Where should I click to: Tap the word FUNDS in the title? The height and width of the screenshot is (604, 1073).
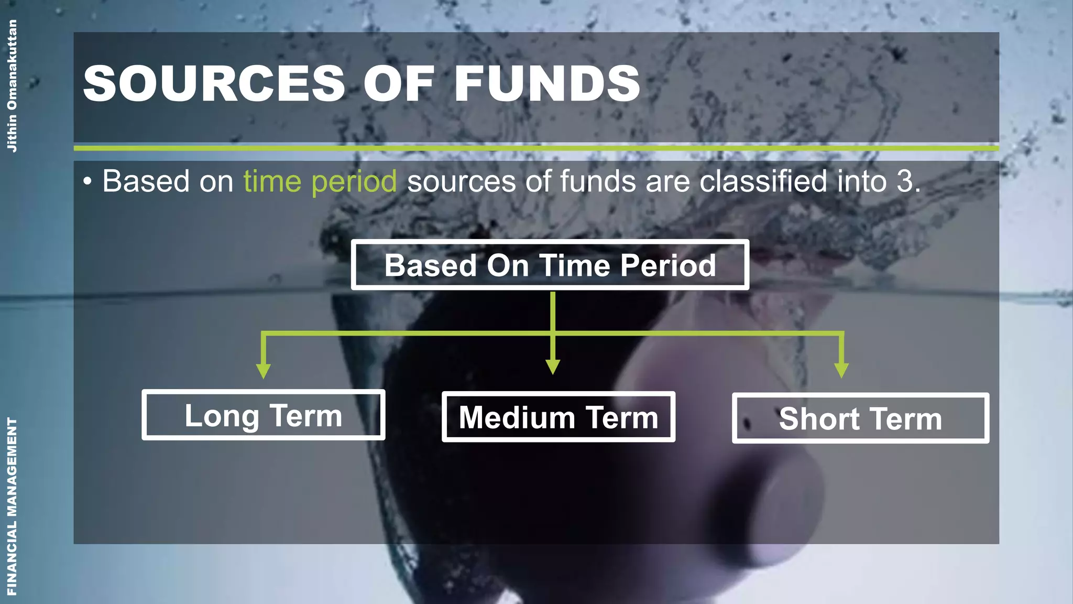tap(547, 83)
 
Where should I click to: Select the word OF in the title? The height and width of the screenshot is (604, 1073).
tap(399, 83)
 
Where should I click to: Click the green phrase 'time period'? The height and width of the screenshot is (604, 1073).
tap(320, 181)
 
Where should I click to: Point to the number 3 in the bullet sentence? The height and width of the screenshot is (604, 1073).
tap(904, 181)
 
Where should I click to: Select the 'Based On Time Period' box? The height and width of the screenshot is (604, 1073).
tap(550, 265)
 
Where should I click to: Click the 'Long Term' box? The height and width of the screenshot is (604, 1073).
tap(263, 415)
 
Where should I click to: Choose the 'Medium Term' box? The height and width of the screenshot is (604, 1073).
tap(558, 417)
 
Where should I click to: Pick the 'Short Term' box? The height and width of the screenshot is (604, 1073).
tap(860, 418)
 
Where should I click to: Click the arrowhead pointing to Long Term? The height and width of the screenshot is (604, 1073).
tap(264, 371)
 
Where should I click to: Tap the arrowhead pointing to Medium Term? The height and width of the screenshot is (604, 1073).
tap(553, 367)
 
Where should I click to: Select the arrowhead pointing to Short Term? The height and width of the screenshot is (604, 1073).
tap(841, 370)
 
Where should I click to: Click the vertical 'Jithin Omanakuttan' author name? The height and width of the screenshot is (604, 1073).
tap(12, 86)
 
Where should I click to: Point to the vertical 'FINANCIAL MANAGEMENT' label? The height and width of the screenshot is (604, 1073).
tap(12, 506)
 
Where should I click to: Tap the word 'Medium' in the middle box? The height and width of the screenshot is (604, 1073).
tap(517, 418)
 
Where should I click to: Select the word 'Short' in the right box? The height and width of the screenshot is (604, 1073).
tap(819, 419)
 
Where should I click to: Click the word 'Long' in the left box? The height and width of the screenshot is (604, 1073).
tap(222, 416)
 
